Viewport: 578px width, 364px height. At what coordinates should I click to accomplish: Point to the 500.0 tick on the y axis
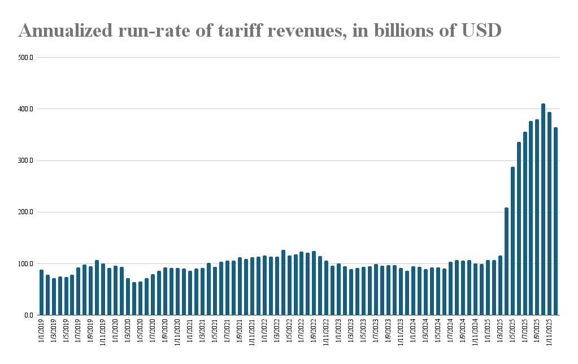pos(27,58)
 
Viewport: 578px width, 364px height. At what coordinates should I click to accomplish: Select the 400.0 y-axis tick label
pos(27,109)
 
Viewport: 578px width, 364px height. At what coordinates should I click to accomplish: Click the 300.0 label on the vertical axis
pos(27,161)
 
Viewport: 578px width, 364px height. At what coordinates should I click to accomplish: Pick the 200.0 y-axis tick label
pos(27,212)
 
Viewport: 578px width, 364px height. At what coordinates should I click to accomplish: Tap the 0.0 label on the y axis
pos(29,315)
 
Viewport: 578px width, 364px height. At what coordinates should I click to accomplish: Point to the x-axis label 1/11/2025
pos(550,333)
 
